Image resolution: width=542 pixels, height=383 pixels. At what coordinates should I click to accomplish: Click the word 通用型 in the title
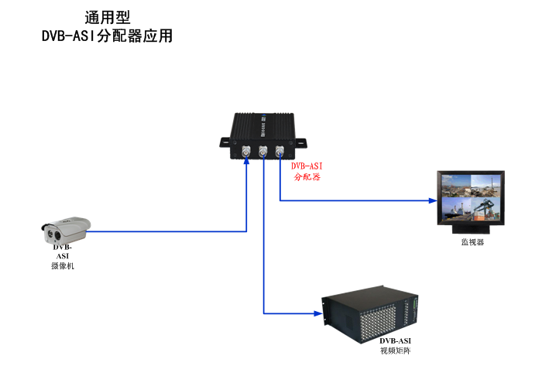108,17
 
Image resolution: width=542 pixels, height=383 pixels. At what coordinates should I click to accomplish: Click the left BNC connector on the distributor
246,152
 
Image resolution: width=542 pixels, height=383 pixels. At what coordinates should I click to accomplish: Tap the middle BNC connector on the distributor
263,152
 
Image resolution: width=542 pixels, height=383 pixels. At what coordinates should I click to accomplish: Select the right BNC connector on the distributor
280,152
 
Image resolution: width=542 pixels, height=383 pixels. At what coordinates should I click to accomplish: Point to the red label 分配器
307,177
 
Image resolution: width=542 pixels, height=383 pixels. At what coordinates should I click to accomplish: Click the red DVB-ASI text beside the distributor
307,166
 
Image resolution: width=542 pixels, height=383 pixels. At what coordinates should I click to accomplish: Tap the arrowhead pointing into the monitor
432,200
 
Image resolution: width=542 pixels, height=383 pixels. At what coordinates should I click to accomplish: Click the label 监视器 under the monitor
472,242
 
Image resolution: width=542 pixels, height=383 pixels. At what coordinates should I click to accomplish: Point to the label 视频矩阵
395,351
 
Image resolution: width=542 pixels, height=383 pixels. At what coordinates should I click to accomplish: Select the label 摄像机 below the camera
62,265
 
